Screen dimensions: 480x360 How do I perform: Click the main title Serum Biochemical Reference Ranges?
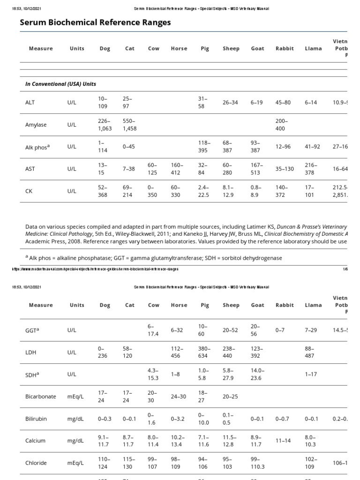95,22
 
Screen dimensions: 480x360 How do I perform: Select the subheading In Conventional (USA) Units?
60,84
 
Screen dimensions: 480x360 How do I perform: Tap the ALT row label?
30,102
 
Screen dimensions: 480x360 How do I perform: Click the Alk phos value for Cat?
128,147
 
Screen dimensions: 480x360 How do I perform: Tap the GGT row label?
32,330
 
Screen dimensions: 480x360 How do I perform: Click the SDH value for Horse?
175,374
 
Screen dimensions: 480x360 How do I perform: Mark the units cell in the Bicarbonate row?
76,397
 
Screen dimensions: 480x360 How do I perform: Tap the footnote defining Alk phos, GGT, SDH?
155,258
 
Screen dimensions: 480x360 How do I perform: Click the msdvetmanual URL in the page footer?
94,269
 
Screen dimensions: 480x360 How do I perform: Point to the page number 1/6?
345,269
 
